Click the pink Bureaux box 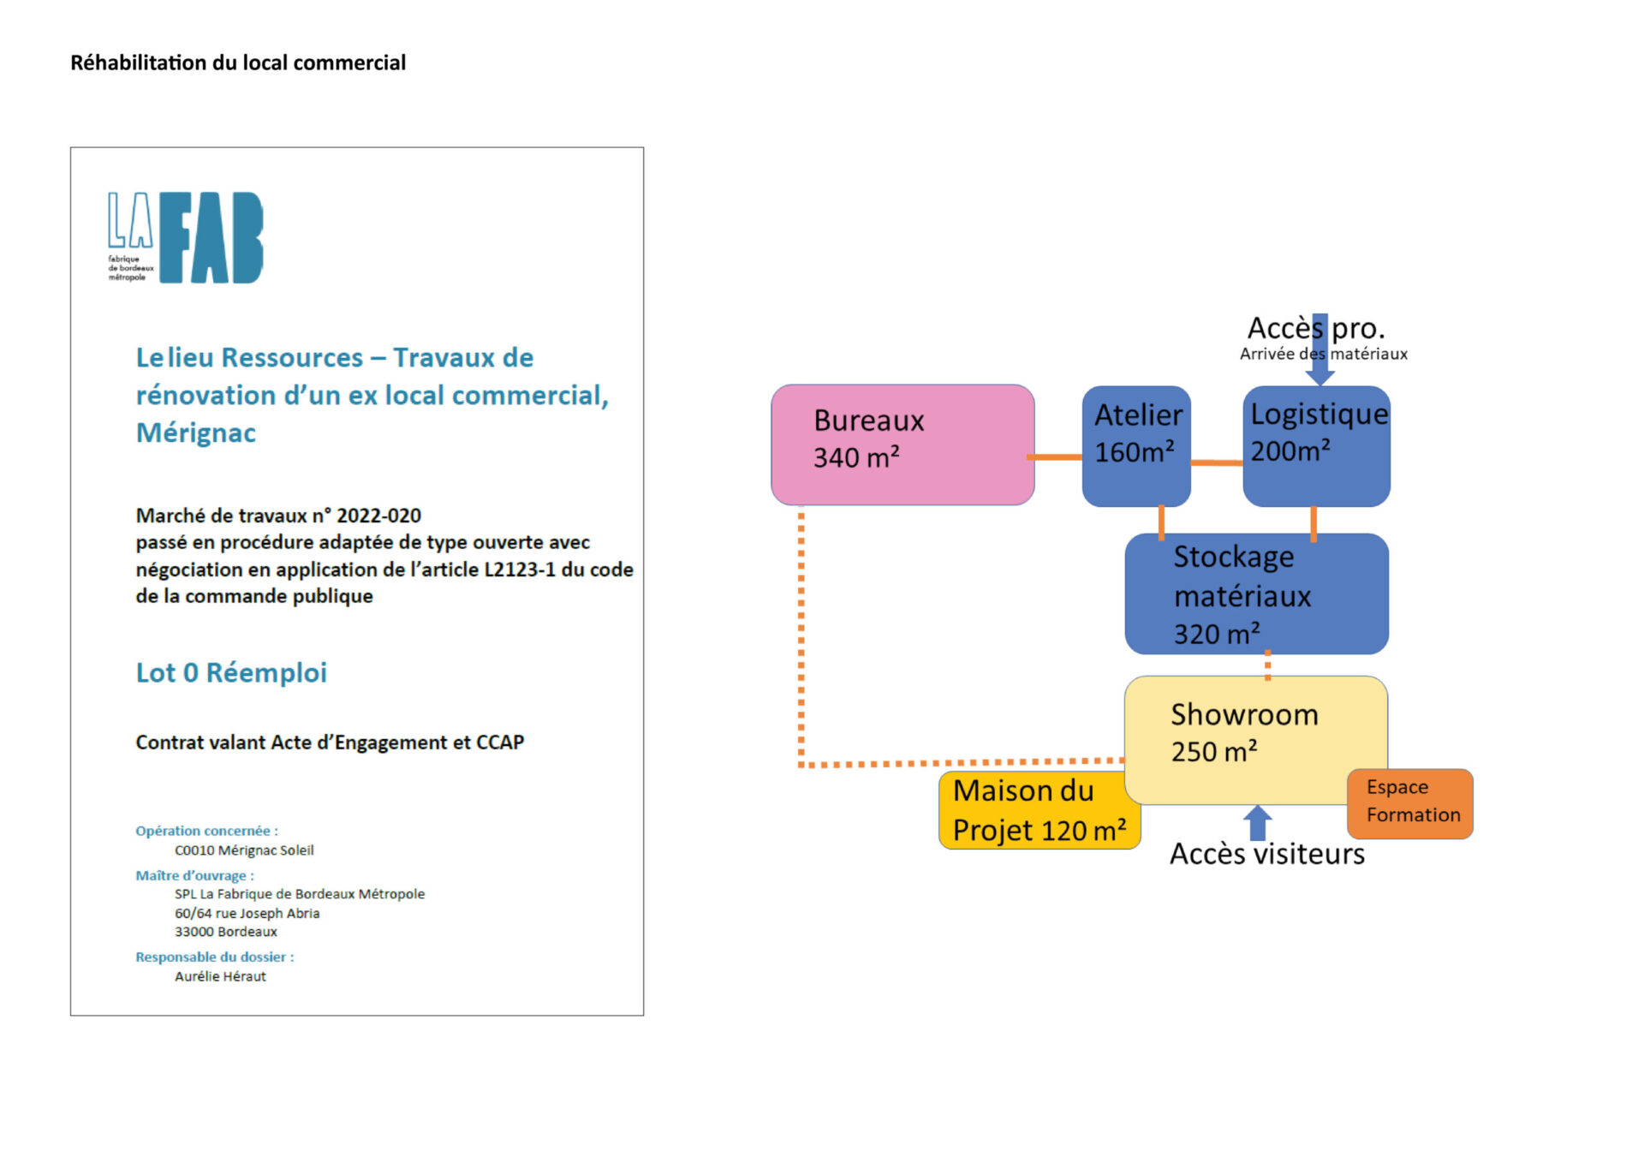click(x=902, y=444)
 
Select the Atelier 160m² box click(x=1136, y=445)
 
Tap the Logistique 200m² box click(x=1316, y=445)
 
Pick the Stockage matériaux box click(x=1256, y=593)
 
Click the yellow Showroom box click(x=1255, y=740)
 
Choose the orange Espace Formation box click(x=1410, y=803)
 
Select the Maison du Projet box click(x=1039, y=810)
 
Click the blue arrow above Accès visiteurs click(x=1257, y=823)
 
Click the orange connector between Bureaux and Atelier click(x=1058, y=457)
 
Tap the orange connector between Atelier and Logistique click(x=1217, y=462)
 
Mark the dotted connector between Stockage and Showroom click(x=1268, y=665)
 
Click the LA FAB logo click(x=185, y=237)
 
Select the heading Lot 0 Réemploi click(x=231, y=672)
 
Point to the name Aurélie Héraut click(x=220, y=976)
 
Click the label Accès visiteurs click(x=1267, y=854)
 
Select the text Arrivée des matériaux click(x=1324, y=354)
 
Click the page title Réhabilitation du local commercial click(x=238, y=63)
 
